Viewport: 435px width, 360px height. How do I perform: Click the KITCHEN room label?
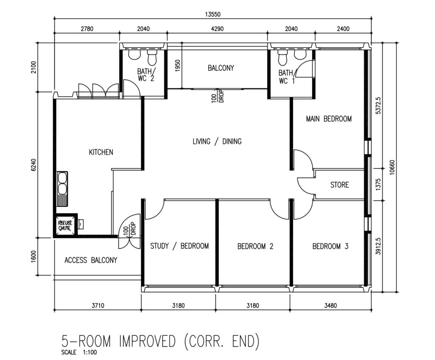pos(101,152)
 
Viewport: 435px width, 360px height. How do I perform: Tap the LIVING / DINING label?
pos(217,142)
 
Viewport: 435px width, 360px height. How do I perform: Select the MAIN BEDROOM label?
pos(329,119)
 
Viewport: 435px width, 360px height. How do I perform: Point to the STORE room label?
pos(339,185)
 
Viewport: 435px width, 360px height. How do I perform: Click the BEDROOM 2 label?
pos(255,246)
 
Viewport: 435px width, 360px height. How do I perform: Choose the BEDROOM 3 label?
pos(330,246)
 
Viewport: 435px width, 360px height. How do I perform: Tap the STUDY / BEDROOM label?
pos(180,246)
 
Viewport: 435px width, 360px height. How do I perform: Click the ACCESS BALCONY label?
pos(91,260)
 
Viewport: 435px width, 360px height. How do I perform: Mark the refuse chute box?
pos(65,225)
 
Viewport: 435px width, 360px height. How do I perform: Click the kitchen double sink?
pos(62,189)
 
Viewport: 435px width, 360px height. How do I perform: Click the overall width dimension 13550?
pos(213,14)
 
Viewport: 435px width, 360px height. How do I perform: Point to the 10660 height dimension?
pos(392,167)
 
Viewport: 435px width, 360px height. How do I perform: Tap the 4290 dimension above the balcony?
pos(217,28)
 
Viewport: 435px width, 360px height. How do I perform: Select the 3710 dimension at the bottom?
pos(98,306)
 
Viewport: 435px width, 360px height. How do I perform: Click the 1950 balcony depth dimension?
pos(178,65)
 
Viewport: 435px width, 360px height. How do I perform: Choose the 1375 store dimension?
pos(378,184)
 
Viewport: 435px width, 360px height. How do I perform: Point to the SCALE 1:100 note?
pos(79,352)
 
